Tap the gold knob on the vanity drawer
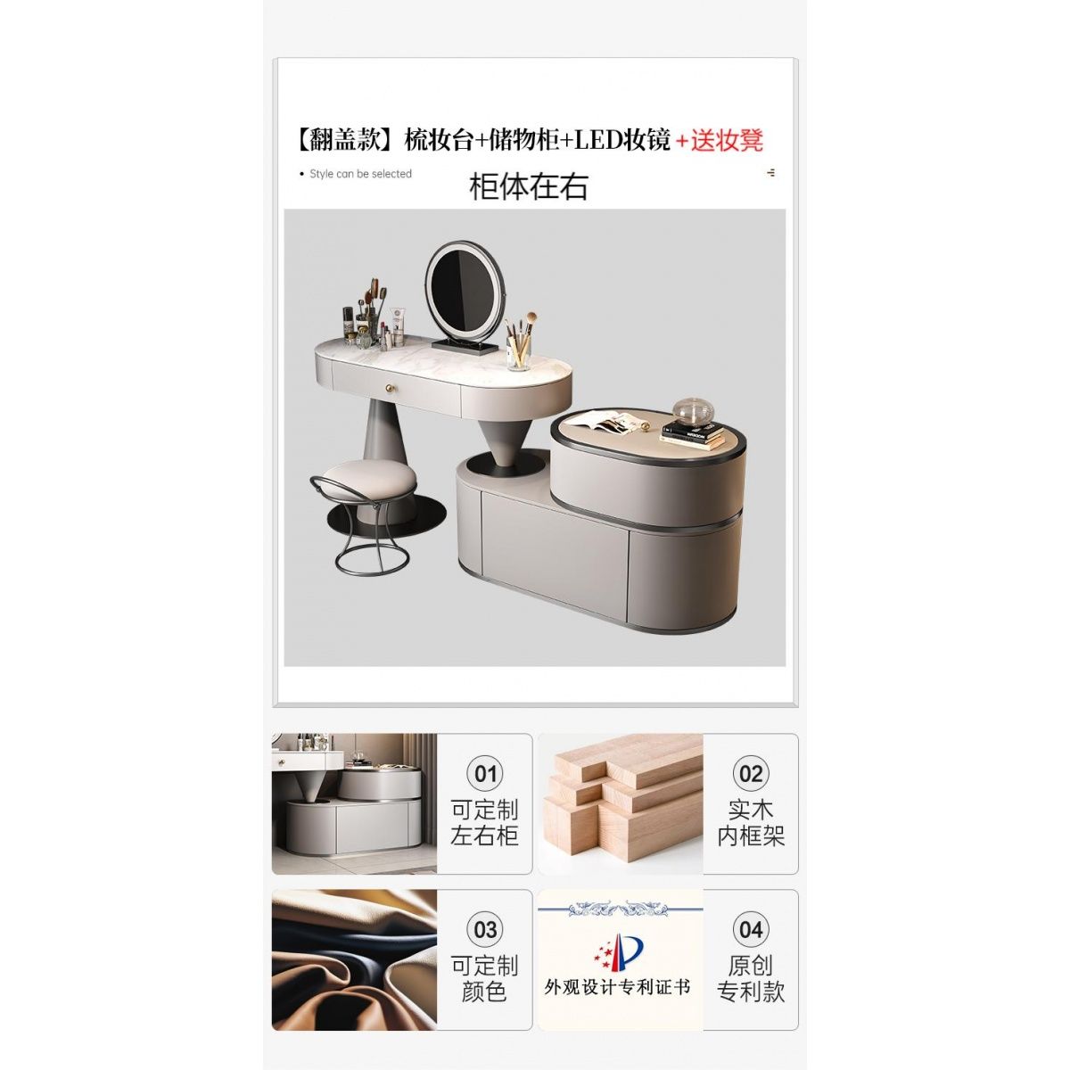[391, 388]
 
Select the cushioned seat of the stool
[368, 479]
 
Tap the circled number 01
[485, 773]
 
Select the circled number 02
[751, 773]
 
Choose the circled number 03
[485, 929]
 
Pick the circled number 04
[751, 929]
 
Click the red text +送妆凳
[720, 141]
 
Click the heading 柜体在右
[528, 186]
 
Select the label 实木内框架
[751, 824]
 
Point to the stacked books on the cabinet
[693, 433]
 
